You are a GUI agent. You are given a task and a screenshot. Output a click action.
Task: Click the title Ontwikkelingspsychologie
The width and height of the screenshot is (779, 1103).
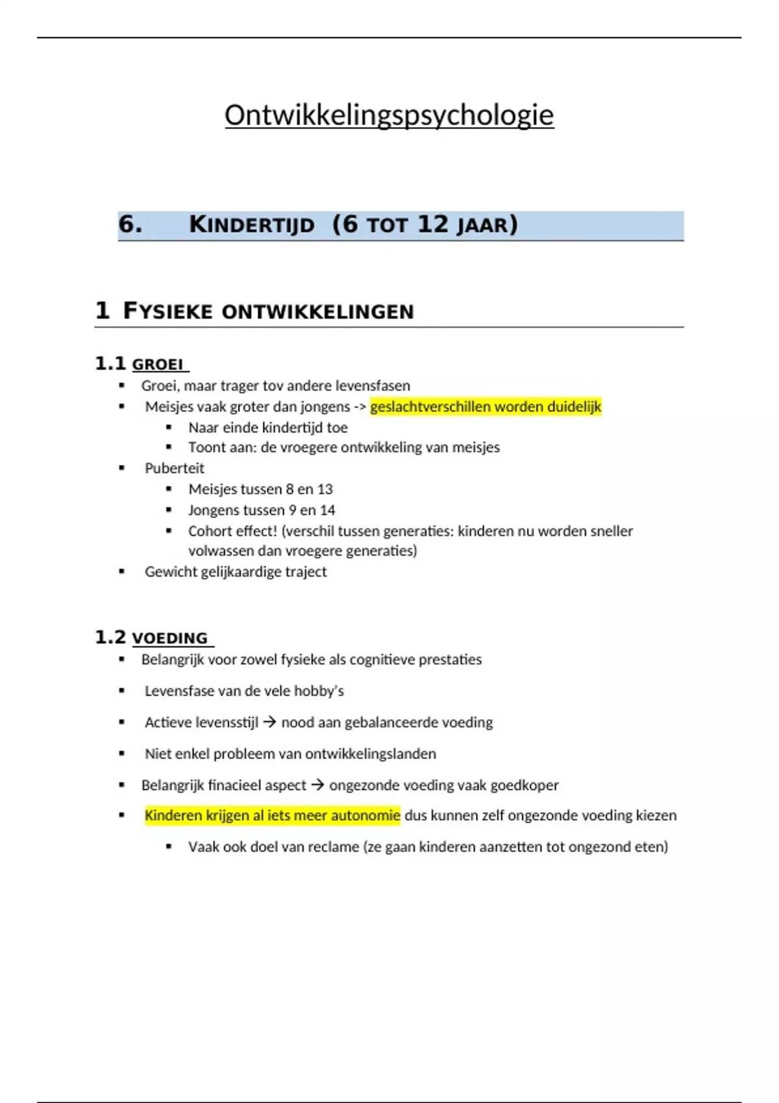click(389, 115)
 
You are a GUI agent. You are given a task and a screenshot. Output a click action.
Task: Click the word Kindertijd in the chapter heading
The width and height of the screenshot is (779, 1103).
click(252, 225)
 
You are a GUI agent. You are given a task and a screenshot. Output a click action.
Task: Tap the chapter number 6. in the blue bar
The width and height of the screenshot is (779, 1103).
click(130, 224)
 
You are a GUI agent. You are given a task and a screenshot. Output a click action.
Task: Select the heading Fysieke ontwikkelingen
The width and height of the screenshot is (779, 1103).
click(268, 311)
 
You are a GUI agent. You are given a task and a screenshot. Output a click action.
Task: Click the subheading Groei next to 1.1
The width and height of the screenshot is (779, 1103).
click(158, 365)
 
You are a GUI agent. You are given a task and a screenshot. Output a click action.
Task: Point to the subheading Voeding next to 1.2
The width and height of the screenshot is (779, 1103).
click(169, 638)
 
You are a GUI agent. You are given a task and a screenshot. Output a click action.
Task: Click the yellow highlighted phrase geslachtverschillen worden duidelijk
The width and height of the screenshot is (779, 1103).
click(486, 407)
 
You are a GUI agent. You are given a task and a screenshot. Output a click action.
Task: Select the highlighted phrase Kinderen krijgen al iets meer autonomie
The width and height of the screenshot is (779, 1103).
click(272, 816)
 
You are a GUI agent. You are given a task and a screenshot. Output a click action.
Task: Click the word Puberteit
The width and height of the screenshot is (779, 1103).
click(174, 468)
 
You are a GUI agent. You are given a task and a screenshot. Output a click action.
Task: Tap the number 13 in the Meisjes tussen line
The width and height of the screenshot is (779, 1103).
click(325, 489)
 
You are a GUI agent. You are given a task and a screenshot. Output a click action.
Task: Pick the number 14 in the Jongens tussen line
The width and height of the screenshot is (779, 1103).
click(327, 510)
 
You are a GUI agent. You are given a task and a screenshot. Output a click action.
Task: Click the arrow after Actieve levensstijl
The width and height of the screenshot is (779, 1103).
click(269, 722)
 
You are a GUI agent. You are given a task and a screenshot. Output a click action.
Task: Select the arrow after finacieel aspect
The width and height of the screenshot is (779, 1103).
click(317, 785)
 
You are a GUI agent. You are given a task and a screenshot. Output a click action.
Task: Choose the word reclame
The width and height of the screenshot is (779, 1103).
click(334, 847)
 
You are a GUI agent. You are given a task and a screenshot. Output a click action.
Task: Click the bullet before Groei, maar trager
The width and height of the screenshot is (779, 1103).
click(122, 386)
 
